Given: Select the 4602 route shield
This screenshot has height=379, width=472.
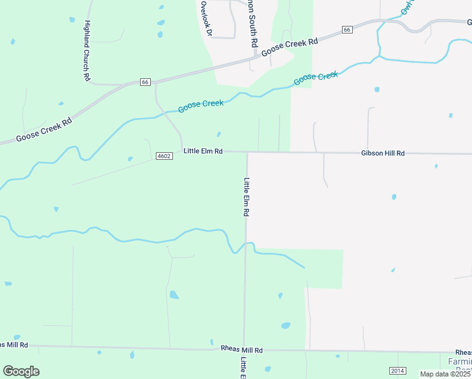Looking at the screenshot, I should click(x=163, y=155).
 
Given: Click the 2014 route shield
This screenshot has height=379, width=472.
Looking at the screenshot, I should click(x=398, y=371).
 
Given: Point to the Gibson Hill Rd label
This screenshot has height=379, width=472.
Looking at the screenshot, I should click(x=382, y=153).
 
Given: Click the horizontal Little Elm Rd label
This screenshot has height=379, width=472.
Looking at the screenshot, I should click(x=203, y=152).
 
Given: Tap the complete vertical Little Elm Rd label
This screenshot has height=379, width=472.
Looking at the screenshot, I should click(x=246, y=197).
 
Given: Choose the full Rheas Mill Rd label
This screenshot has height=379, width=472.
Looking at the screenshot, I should click(x=242, y=349).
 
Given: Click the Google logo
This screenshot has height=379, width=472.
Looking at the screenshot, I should click(x=21, y=371).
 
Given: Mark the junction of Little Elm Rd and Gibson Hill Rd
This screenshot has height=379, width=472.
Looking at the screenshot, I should click(x=247, y=152).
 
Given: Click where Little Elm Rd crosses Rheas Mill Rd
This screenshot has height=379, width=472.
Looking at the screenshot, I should click(x=244, y=349).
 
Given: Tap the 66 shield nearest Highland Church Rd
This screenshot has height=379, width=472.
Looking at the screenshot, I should click(x=145, y=82).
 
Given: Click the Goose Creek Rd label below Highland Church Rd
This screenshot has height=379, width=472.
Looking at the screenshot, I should click(x=44, y=128).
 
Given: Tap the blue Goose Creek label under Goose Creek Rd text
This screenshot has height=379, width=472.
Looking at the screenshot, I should click(x=316, y=78).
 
